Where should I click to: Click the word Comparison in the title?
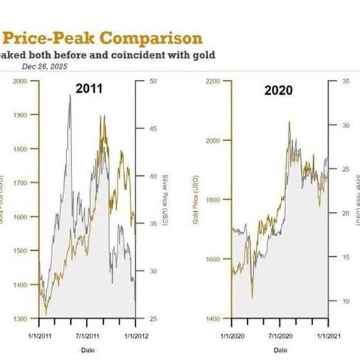(151, 38)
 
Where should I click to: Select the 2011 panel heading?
(89, 89)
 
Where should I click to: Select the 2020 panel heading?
(278, 91)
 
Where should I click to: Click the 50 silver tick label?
(152, 80)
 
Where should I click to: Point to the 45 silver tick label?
(152, 128)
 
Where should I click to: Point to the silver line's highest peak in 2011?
(70, 95)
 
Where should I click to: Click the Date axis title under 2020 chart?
(280, 349)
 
